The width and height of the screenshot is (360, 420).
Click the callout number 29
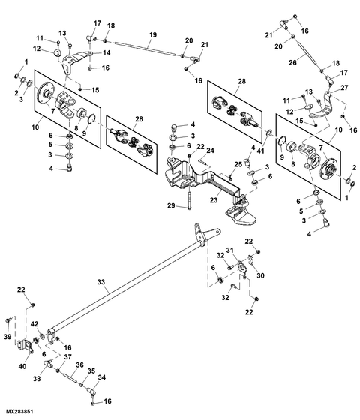tap(171, 205)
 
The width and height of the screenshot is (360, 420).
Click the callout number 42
tap(34, 324)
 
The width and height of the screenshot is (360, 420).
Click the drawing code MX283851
tap(22, 412)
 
